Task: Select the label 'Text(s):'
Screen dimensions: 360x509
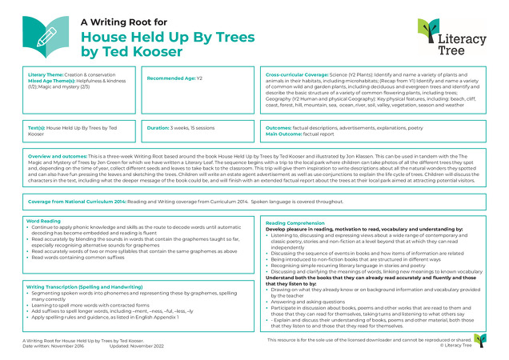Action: click(x=37, y=128)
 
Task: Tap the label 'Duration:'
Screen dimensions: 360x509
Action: click(x=161, y=128)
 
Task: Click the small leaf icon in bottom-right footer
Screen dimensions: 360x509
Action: click(x=477, y=339)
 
